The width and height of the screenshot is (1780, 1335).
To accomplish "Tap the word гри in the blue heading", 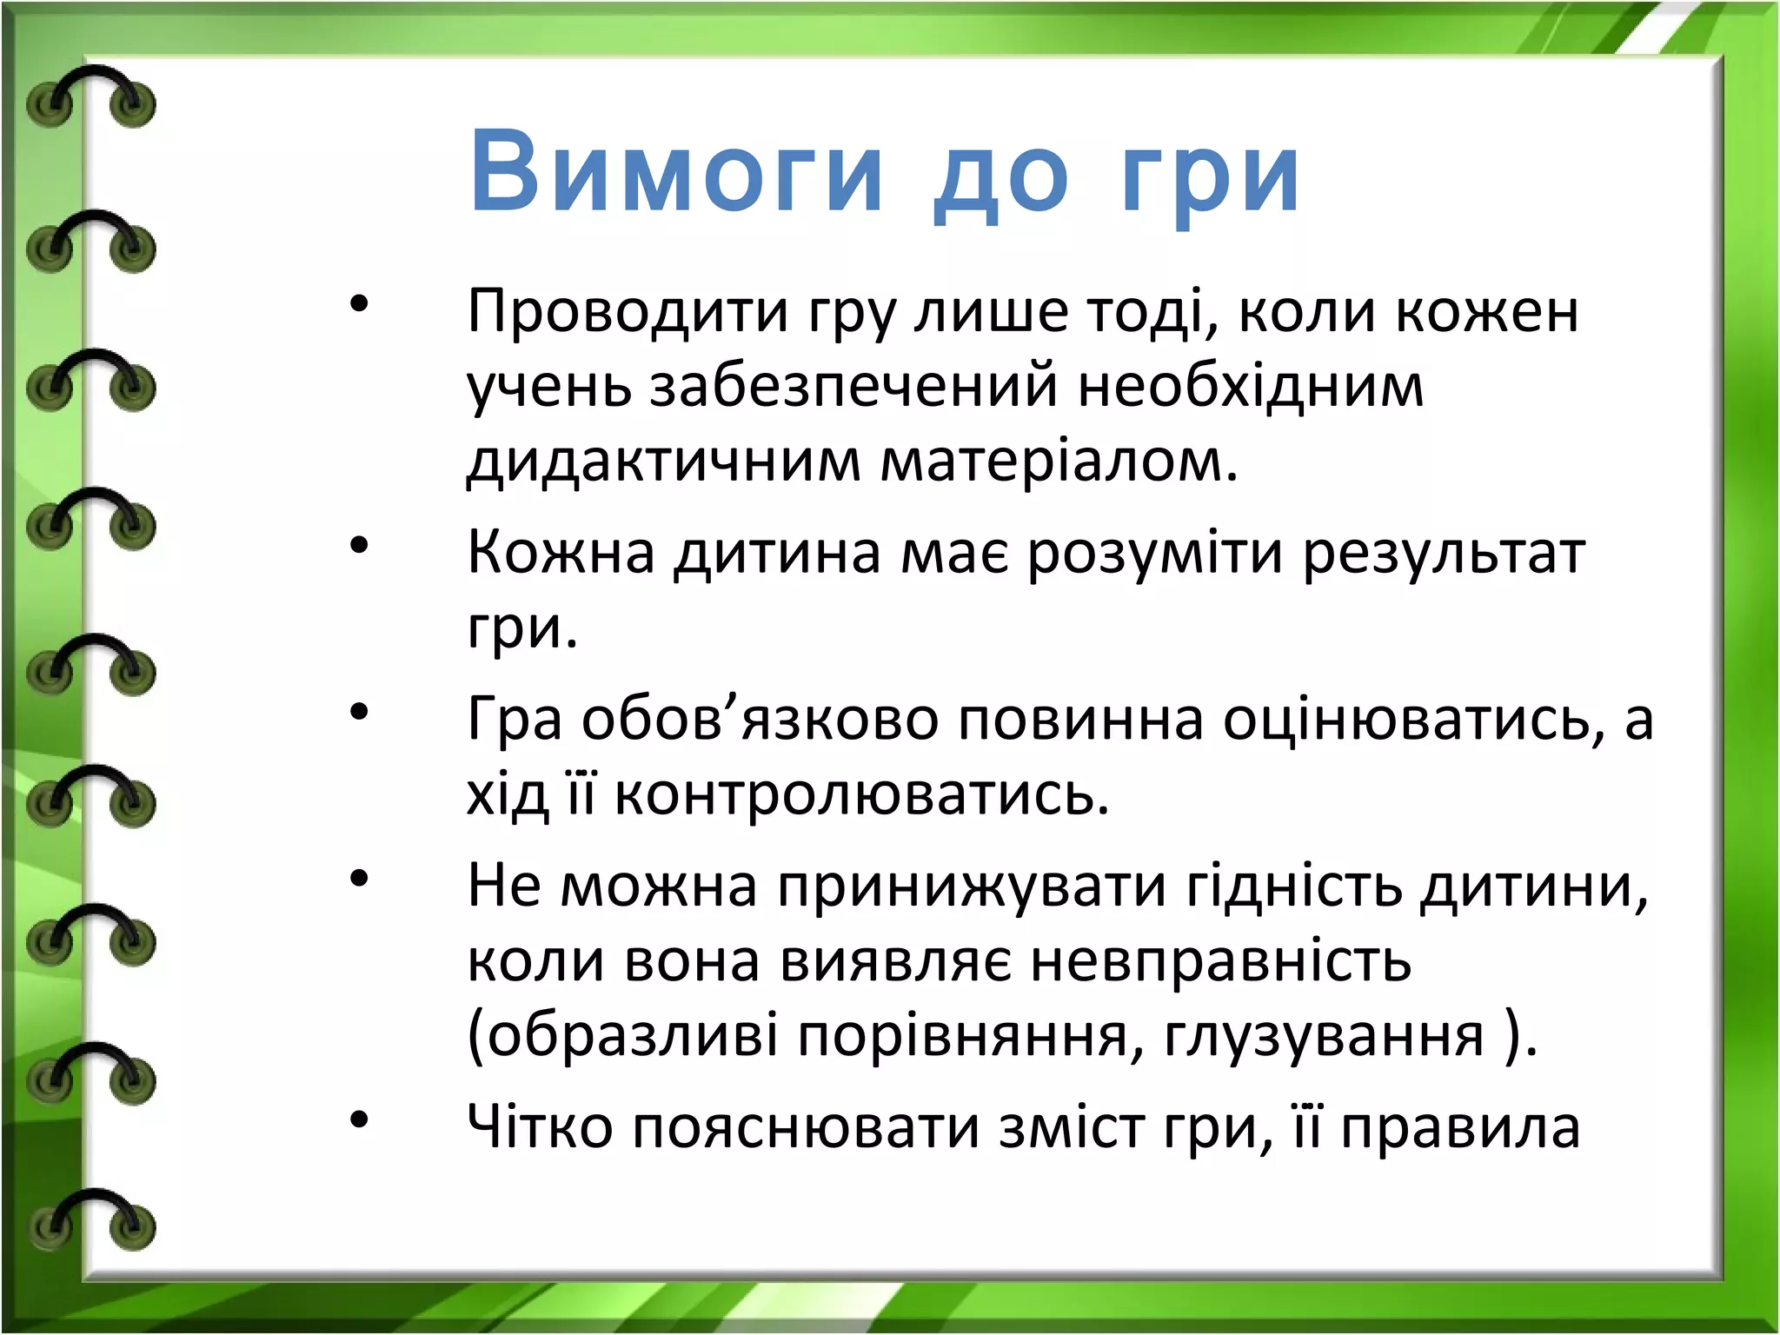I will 1210,178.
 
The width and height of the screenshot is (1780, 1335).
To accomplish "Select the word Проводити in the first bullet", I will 627,310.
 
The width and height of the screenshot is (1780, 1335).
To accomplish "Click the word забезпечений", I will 853,386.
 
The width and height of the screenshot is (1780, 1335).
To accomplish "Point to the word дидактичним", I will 663,461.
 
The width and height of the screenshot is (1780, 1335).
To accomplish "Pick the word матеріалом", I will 1059,461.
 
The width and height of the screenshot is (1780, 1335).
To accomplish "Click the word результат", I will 1444,554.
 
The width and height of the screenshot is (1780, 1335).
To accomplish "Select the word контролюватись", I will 861,794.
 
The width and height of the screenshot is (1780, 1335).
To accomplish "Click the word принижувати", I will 971,887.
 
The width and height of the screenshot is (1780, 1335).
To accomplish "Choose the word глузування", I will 1324,1037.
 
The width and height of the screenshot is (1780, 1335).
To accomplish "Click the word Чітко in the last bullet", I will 540,1127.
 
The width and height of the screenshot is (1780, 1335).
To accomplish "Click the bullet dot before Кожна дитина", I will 359,546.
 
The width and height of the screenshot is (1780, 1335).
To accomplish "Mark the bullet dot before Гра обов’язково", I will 359,713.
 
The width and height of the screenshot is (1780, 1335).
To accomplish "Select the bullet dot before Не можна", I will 359,880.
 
